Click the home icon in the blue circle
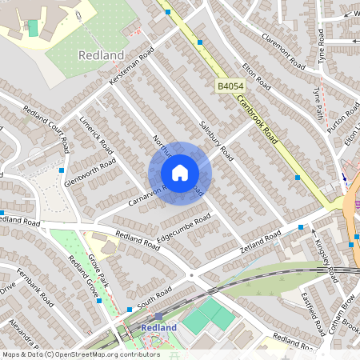(180, 173)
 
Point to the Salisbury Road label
(215, 141)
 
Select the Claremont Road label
(283, 54)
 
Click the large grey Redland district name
(102, 55)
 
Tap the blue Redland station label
(158, 328)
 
